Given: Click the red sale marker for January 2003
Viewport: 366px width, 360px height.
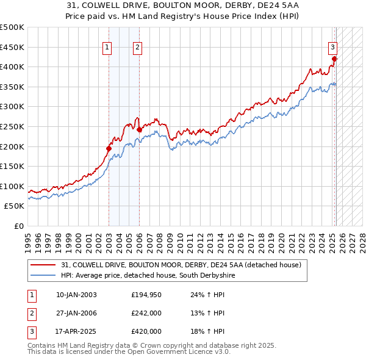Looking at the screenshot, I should (109, 148).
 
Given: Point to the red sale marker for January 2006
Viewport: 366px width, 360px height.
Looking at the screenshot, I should (140, 129).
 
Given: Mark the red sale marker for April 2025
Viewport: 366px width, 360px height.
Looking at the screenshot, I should (334, 59).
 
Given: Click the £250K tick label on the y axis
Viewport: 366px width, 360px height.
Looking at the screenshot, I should (13, 126).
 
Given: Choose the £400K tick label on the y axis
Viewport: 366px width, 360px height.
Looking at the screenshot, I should (13, 67).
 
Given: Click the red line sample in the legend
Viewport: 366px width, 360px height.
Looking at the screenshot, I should (44, 265).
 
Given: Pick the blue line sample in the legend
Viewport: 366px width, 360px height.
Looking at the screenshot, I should (44, 276).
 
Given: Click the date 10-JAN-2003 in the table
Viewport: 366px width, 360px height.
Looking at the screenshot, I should (76, 295).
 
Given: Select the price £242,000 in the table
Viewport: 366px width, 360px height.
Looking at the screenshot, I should (146, 313).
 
